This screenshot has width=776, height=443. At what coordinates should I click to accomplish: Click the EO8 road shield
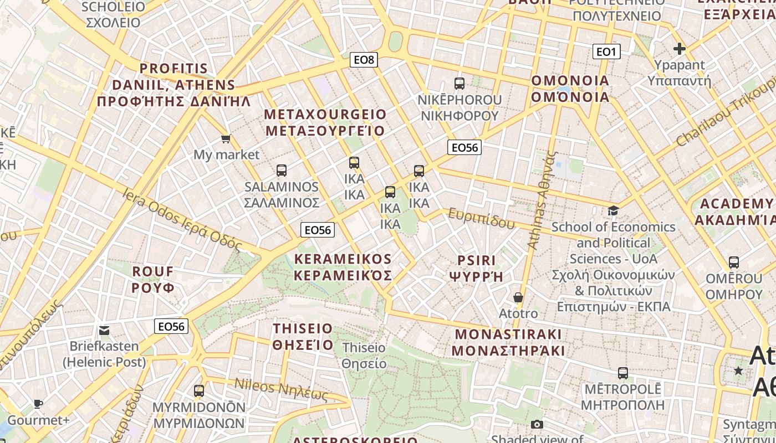[364, 60]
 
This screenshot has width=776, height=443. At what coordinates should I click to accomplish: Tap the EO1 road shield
[606, 52]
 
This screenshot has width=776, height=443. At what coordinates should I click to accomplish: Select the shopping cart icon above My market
[226, 138]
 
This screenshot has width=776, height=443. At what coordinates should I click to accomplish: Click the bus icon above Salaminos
[282, 171]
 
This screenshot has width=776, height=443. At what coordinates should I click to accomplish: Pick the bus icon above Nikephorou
[460, 84]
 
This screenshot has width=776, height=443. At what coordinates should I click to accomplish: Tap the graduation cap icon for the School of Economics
[613, 210]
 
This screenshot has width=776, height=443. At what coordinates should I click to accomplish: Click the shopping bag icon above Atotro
[518, 298]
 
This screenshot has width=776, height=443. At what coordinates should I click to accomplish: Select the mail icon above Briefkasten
[104, 331]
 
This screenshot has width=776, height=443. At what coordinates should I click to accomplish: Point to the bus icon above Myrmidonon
[199, 391]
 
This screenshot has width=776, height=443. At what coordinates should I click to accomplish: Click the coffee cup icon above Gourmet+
[38, 404]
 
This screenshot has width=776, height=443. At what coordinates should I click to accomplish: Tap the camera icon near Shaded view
[537, 425]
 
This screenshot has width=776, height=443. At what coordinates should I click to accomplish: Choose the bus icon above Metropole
[623, 373]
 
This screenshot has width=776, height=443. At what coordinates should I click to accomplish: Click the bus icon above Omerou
[734, 262]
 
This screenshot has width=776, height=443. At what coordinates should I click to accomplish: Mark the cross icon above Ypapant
[680, 49]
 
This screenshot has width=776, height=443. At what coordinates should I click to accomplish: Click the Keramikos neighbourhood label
[343, 267]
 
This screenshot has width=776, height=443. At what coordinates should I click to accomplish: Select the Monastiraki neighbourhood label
[508, 342]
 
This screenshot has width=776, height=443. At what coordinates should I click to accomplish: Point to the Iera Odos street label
[183, 219]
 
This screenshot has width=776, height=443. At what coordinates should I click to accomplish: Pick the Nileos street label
[281, 389]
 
